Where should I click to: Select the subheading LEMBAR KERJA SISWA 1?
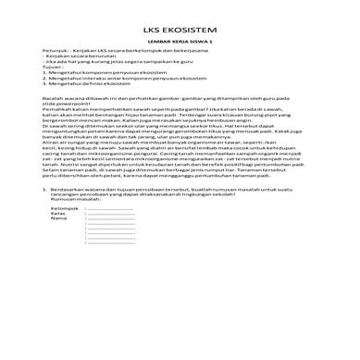click(179, 43)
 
